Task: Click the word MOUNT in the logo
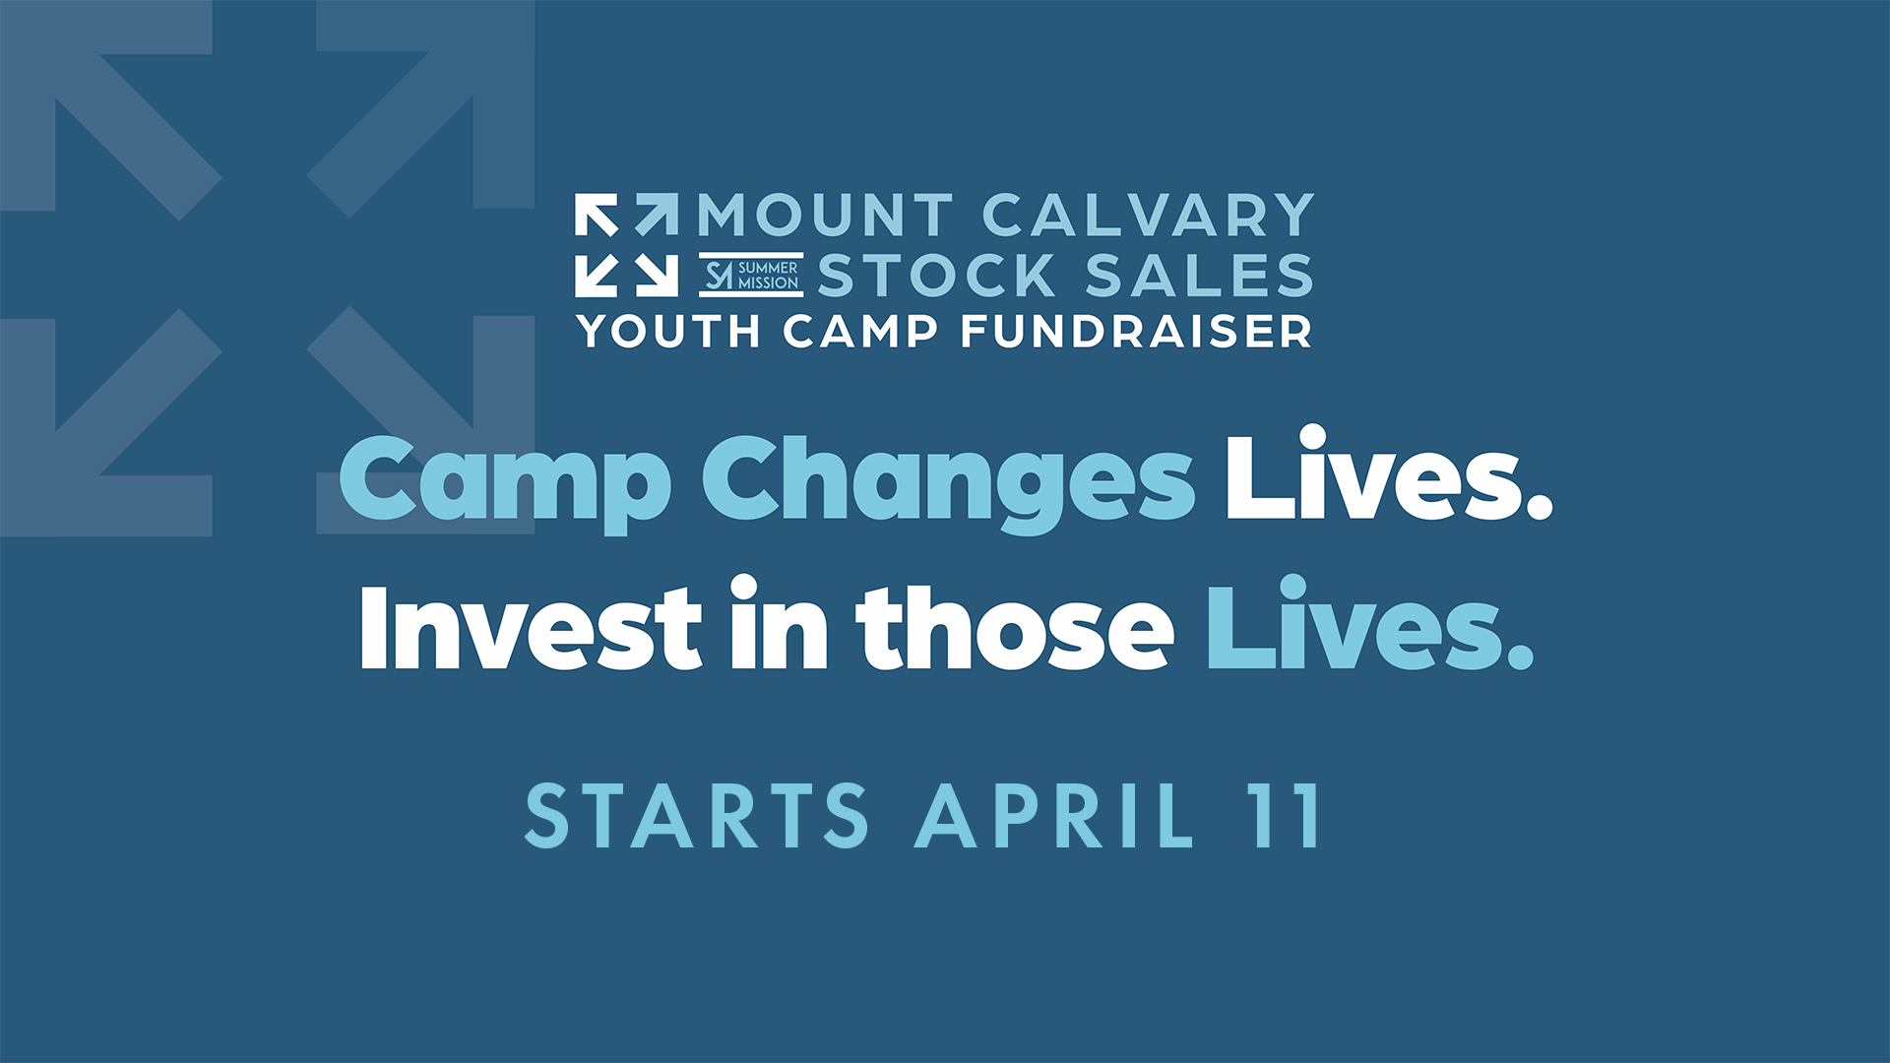pos(826,215)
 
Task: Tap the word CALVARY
pos(1149,215)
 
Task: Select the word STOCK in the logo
pos(936,275)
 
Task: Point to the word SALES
pos(1200,275)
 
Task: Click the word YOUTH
pos(669,331)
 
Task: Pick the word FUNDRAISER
pos(1136,331)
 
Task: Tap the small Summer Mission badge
pos(751,275)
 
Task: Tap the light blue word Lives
pos(1369,623)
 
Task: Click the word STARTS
pos(697,815)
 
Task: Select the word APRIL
pos(1054,815)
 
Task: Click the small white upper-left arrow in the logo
pos(597,216)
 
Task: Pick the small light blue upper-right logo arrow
pos(657,216)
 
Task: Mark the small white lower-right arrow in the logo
pos(657,276)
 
